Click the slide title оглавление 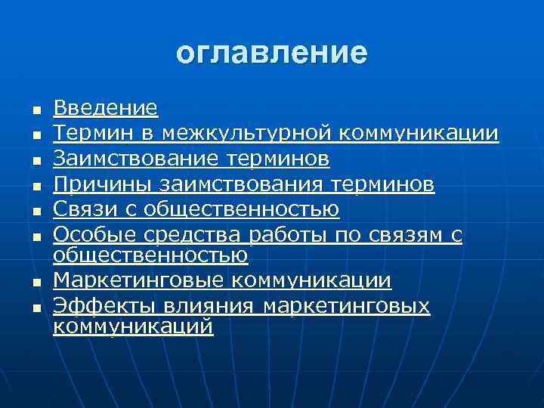(272, 54)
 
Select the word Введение (106, 109)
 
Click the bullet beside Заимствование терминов (35, 160)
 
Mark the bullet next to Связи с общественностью (35, 210)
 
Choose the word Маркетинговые (139, 281)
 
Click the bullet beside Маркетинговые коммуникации (35, 283)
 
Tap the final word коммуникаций (133, 327)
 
